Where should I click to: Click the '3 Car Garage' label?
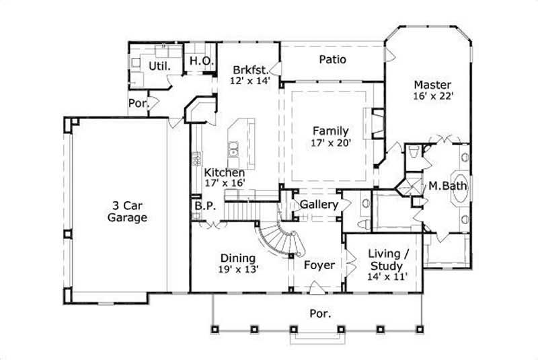(127, 211)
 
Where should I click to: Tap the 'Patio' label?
(332, 60)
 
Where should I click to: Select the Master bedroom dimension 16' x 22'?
(432, 96)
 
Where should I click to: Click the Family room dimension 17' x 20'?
(329, 142)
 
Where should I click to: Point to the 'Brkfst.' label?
(251, 69)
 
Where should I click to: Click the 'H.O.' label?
(201, 61)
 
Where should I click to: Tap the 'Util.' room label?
(159, 67)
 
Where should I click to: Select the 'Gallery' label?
(319, 204)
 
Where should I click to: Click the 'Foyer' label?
(319, 265)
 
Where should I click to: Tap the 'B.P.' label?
(204, 207)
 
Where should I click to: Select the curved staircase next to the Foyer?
(276, 239)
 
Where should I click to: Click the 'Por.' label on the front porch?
(319, 313)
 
